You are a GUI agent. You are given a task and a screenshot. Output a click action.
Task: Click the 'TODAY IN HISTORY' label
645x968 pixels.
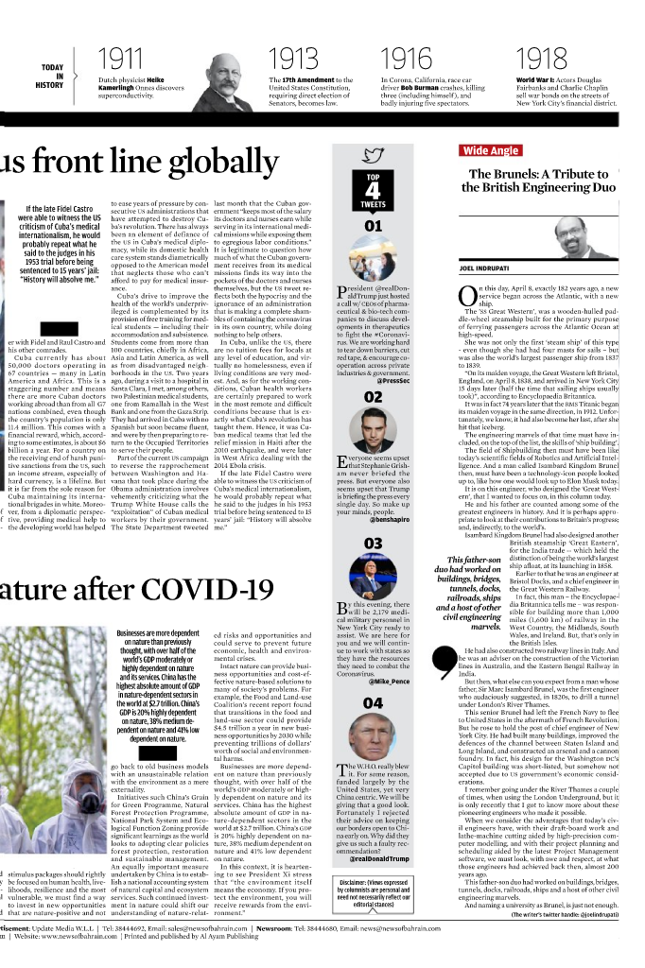(x=51, y=76)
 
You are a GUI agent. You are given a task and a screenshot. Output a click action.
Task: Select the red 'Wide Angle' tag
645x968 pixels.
(x=489, y=150)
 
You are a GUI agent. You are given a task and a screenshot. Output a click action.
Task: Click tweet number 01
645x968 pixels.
(x=373, y=227)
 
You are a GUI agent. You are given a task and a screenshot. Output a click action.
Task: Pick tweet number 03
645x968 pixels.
(x=373, y=543)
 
